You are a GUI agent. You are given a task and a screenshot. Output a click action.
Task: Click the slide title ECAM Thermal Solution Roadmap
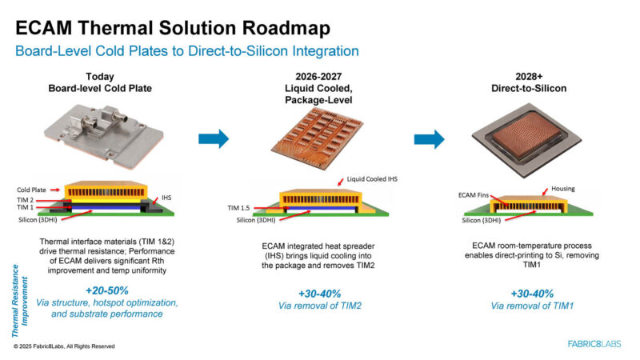point(172,30)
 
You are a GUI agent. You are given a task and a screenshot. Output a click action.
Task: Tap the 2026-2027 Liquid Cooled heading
point(320,89)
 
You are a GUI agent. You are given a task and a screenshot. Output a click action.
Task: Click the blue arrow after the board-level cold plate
point(213,138)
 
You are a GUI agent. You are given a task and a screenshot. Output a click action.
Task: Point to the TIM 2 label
point(26,201)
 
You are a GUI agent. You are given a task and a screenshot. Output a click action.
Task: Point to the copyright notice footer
point(64,346)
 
